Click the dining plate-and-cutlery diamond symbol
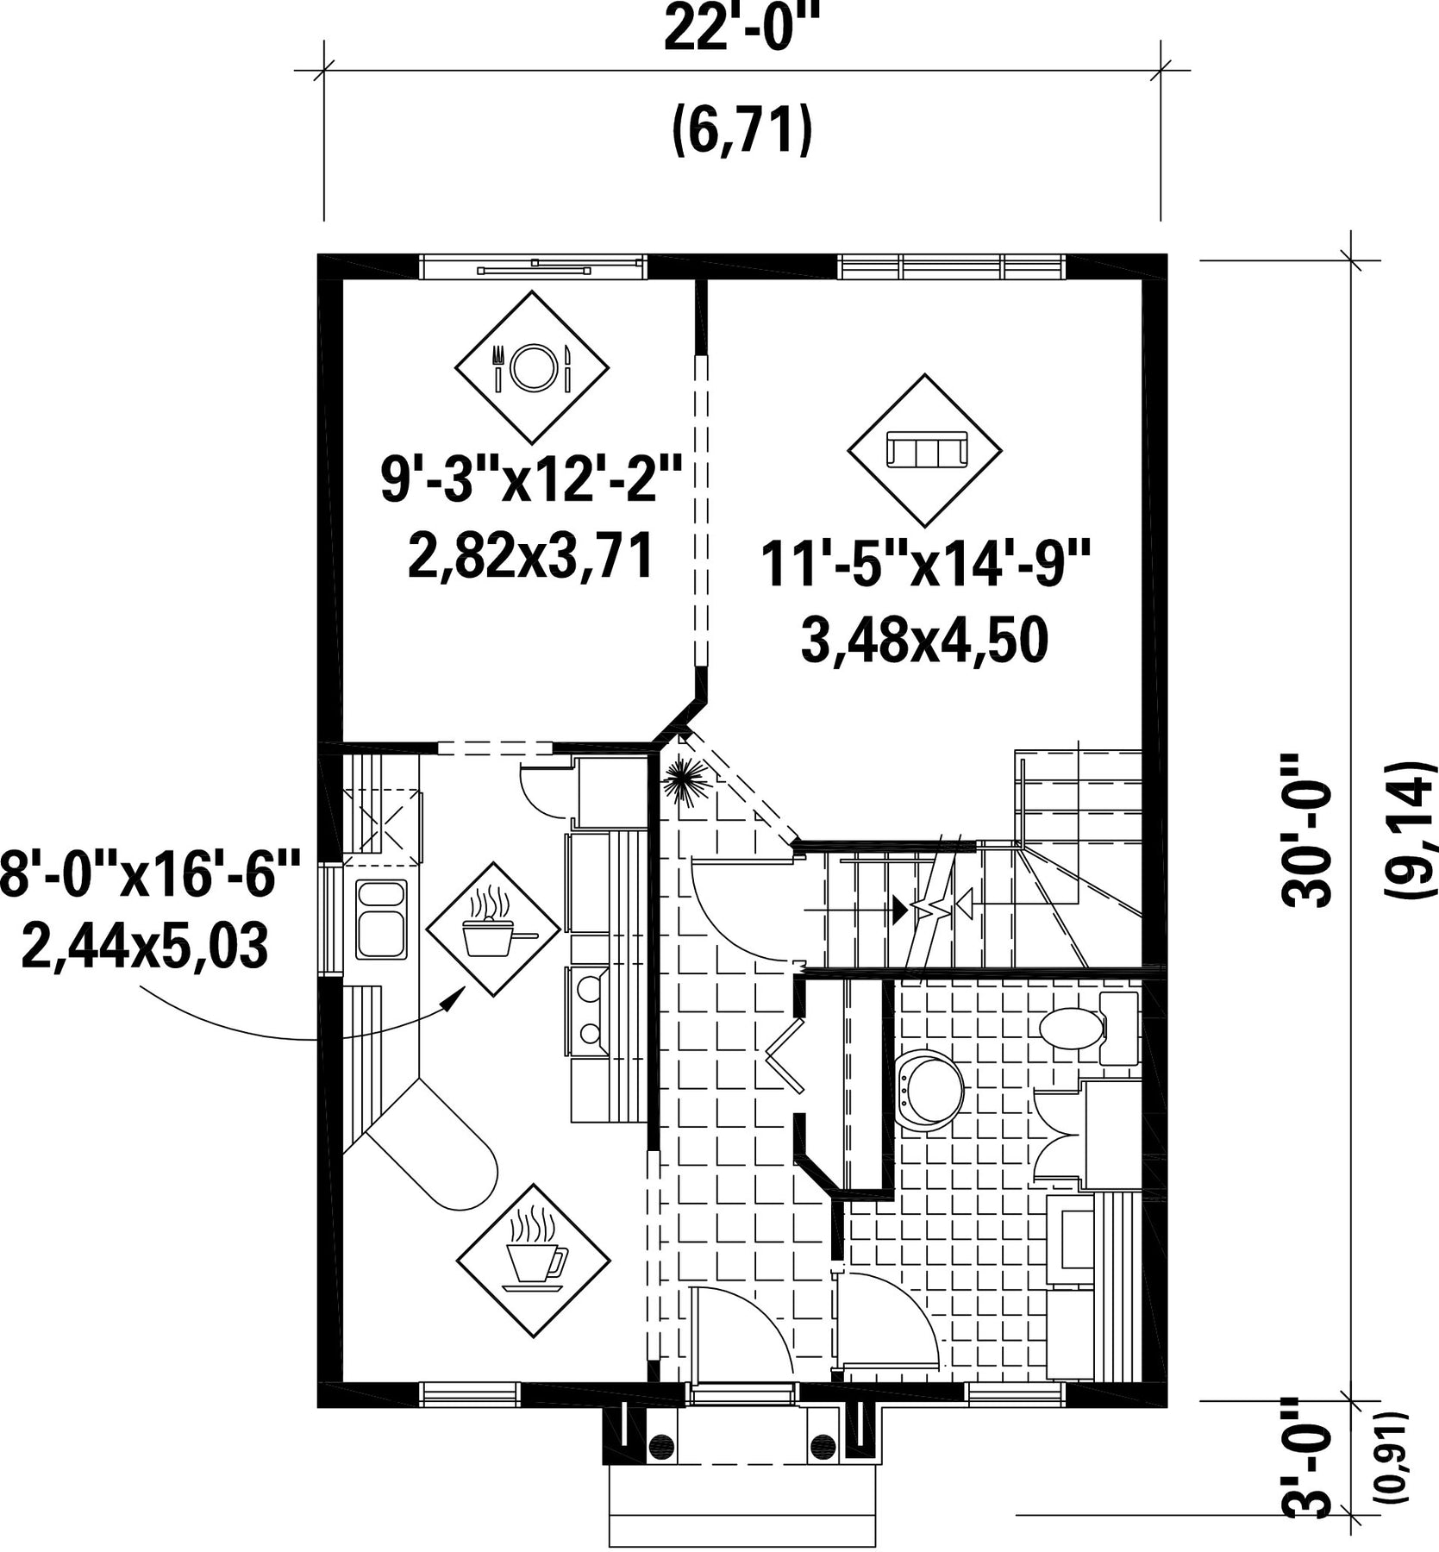tap(532, 366)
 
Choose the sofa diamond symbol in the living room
tap(925, 449)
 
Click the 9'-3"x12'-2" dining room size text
tap(532, 480)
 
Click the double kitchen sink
tap(381, 919)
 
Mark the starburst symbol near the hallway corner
tap(688, 780)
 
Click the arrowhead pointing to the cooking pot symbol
tap(449, 1000)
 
